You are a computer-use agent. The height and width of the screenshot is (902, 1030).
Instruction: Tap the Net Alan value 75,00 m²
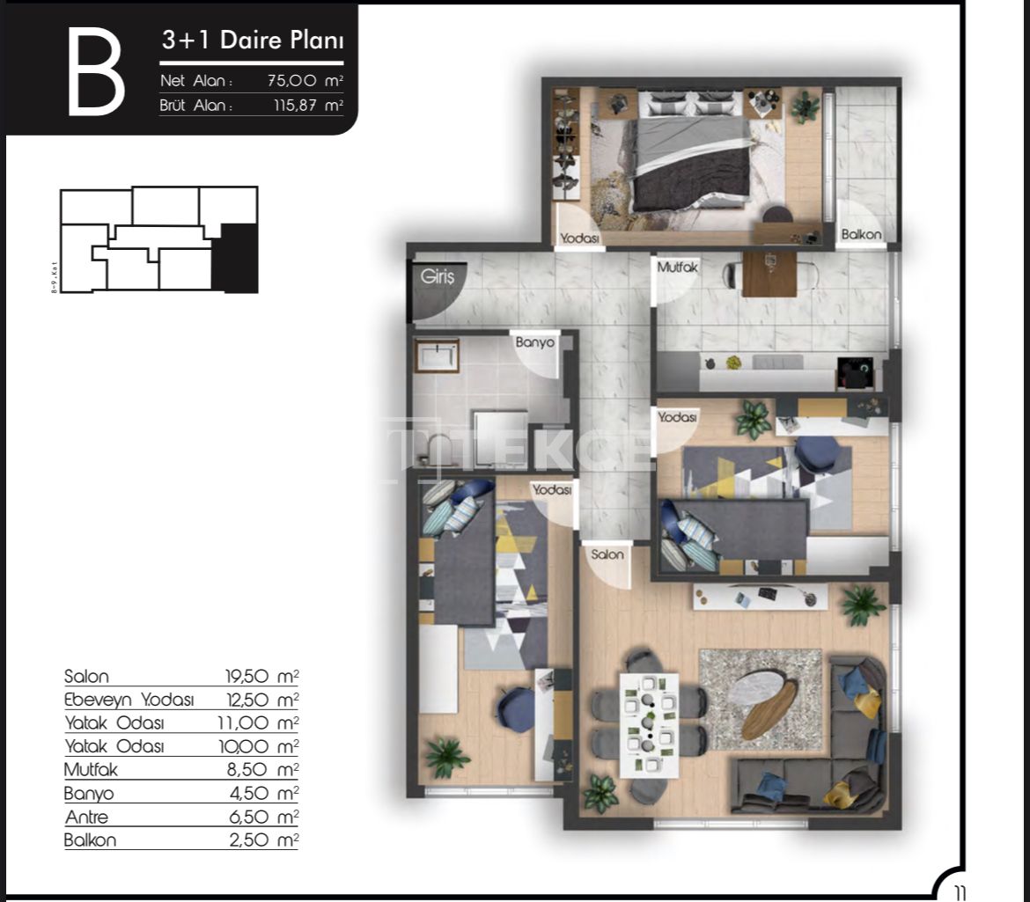305,81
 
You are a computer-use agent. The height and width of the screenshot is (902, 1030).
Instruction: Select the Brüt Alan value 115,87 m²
308,105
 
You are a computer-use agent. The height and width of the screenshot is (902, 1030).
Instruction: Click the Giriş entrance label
438,276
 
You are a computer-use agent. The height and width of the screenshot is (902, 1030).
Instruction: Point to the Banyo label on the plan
534,342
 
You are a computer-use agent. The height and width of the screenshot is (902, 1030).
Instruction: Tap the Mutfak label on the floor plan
677,268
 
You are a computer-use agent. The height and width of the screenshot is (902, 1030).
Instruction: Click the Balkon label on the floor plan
861,234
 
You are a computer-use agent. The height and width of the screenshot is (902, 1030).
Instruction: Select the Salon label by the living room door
607,554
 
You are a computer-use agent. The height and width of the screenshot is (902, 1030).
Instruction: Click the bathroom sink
437,356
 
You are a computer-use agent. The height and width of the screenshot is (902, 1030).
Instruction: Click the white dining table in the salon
649,725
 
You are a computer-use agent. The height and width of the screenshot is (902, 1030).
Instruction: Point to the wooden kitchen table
769,275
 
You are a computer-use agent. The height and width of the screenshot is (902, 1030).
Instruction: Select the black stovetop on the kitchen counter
855,373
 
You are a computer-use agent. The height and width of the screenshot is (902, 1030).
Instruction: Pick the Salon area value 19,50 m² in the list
262,676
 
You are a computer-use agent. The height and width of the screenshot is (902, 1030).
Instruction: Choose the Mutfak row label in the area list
91,769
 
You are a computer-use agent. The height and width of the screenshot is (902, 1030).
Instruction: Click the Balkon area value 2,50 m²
264,840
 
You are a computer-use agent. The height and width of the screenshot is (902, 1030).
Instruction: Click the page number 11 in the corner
960,893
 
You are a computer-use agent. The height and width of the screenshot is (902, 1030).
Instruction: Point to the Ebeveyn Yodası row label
129,700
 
